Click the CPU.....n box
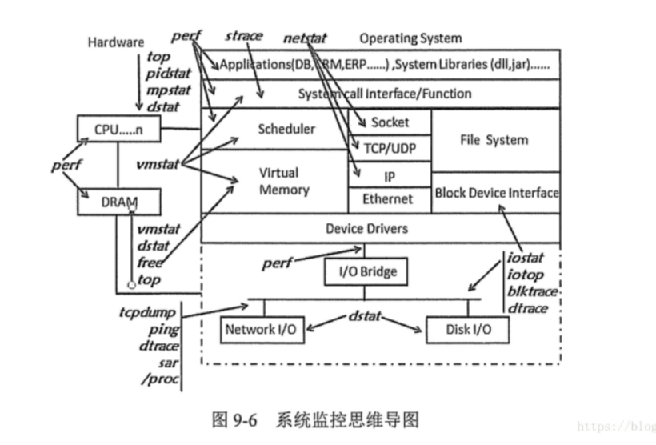point(117,128)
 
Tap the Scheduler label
point(286,129)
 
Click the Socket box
point(390,122)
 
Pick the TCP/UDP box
point(390,148)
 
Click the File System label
point(494,140)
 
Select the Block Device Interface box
point(496,193)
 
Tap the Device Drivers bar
point(366,228)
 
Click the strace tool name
point(243,37)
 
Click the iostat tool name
point(526,258)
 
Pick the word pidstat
point(166,74)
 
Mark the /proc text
point(161,379)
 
